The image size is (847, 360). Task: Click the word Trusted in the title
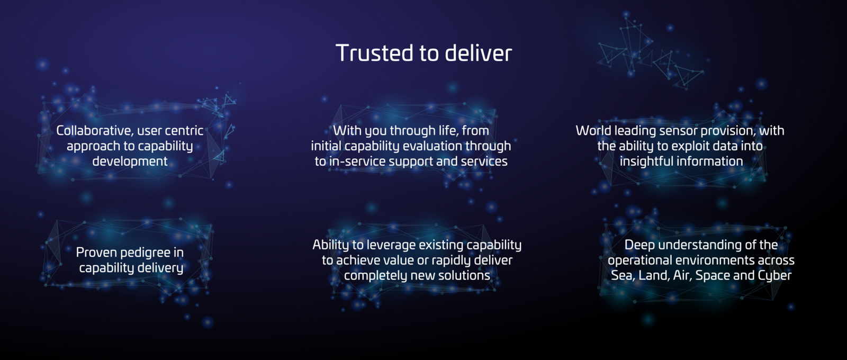[375, 52]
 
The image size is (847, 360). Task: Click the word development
[130, 161]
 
